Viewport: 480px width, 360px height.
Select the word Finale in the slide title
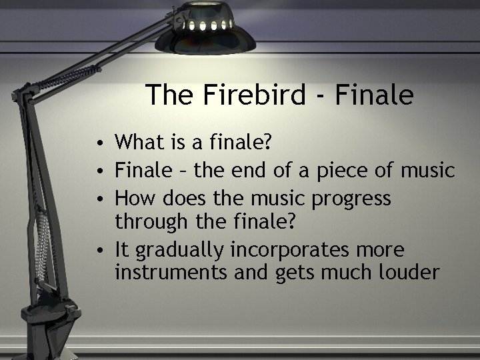[374, 95]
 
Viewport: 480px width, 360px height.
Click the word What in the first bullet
[138, 142]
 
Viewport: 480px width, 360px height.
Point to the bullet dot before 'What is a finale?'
[98, 143]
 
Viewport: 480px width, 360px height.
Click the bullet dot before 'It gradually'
[98, 251]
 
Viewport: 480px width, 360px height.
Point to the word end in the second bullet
[245, 171]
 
